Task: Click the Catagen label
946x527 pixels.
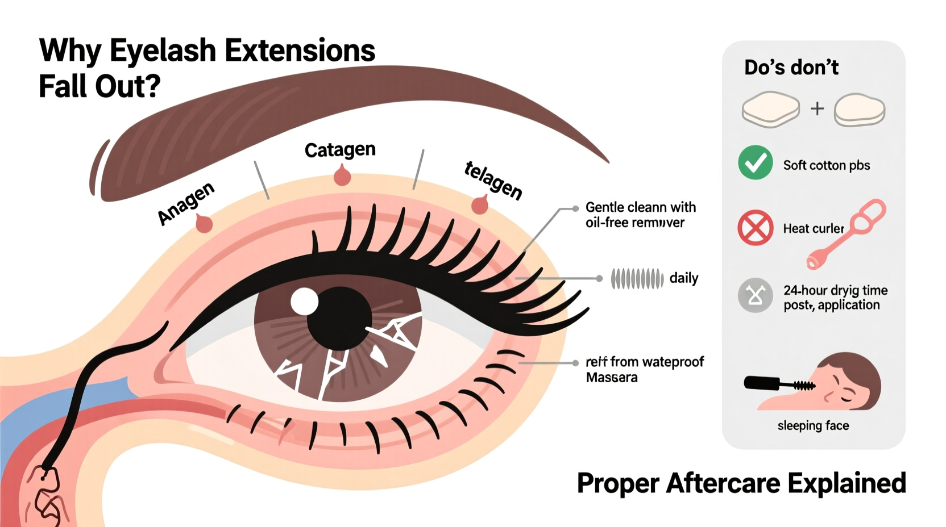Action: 340,150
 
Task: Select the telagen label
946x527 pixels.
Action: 493,181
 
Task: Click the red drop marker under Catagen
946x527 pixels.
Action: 342,176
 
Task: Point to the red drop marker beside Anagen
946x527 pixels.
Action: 204,224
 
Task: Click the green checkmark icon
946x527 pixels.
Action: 755,162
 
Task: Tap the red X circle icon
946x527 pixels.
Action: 755,228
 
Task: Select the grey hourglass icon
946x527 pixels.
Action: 755,295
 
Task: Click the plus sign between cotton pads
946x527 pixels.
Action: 817,108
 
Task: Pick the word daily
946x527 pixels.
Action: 683,278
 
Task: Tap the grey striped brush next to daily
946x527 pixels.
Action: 637,279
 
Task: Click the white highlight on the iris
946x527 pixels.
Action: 305,302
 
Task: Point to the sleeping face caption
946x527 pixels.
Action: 813,425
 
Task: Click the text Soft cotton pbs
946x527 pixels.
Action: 826,165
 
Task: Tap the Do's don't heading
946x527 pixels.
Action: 791,68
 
